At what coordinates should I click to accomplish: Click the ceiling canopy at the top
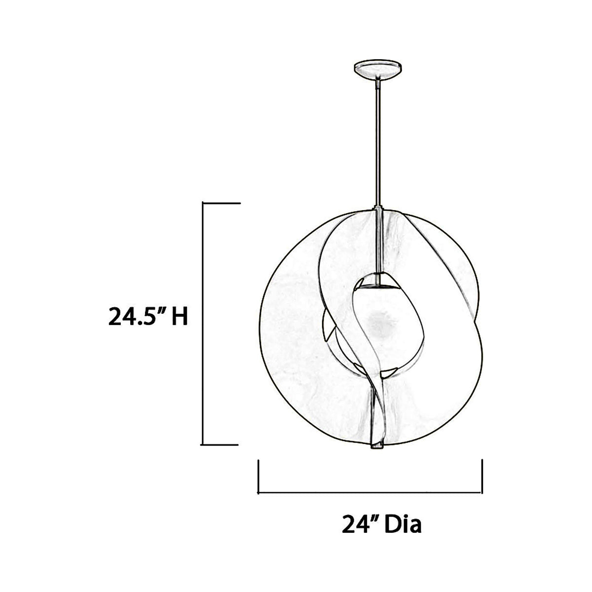click(x=377, y=67)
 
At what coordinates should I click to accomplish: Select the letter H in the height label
click(x=179, y=318)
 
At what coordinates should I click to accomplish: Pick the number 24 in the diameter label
click(x=353, y=524)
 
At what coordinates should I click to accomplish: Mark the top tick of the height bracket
click(x=221, y=203)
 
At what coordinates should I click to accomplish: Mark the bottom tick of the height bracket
click(x=221, y=444)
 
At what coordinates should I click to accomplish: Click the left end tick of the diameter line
click(x=259, y=476)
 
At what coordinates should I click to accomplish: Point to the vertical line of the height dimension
click(x=203, y=323)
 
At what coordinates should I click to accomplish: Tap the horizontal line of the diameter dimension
click(x=370, y=493)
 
